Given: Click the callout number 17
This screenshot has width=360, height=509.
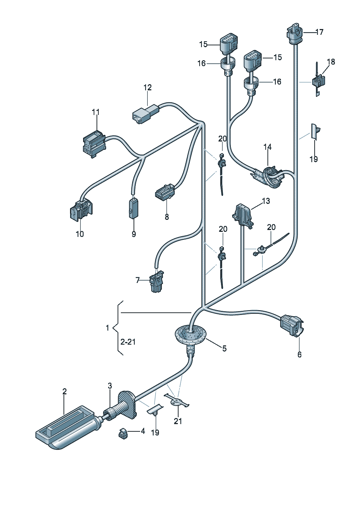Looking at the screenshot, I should [319, 32].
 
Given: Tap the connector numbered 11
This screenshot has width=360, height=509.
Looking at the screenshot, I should [94, 144].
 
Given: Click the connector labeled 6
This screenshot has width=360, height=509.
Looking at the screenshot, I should [292, 324].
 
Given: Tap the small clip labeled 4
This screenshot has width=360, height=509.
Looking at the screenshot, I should [123, 433].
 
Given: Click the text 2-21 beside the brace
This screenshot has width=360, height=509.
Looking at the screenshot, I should [128, 342].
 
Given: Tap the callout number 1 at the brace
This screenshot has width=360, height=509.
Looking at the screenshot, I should [107, 328].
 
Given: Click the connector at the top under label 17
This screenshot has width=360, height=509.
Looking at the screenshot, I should [294, 33].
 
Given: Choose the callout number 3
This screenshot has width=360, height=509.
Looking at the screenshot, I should [110, 386].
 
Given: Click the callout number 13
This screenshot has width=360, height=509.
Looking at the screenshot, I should [266, 201].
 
